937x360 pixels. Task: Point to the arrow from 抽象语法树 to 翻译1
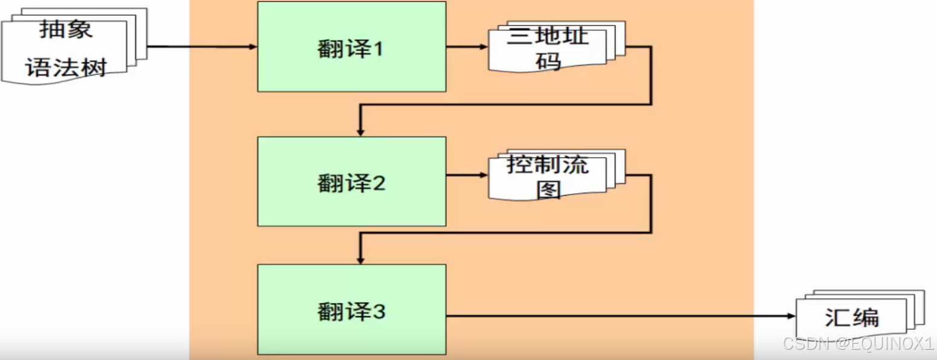point(199,47)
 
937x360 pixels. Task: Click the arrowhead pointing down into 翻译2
point(360,132)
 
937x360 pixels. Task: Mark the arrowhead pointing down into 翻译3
point(360,260)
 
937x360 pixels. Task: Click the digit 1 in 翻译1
point(377,48)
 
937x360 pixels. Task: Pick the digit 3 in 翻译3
point(379,312)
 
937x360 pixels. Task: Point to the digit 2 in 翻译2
point(379,183)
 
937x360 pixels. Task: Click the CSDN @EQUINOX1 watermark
point(858,344)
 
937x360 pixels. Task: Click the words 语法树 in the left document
point(66,67)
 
